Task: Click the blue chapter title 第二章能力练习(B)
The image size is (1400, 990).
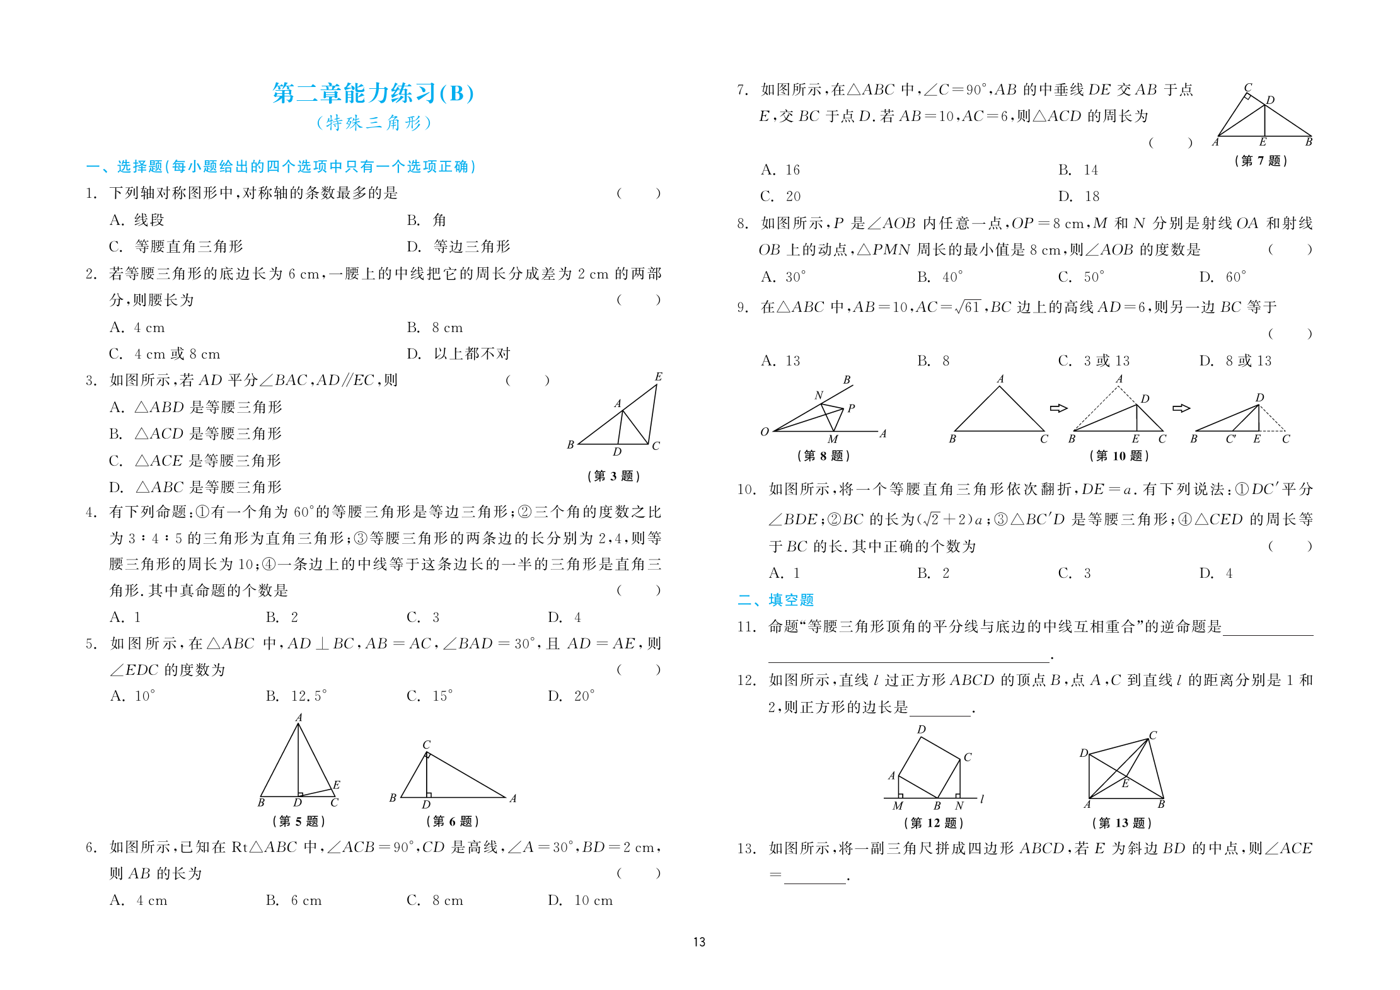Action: coord(373,93)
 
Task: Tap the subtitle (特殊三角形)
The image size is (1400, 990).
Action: coord(373,122)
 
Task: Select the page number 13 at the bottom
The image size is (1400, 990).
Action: coord(699,941)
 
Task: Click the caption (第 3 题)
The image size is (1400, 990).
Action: coord(613,476)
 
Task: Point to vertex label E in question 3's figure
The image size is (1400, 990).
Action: coord(658,377)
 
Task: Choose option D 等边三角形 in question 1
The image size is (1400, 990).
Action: coord(459,246)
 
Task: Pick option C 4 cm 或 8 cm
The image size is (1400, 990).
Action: coord(165,354)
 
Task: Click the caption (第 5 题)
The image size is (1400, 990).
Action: coord(299,821)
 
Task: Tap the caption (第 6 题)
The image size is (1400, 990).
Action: coord(453,821)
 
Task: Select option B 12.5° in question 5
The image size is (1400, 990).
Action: coord(296,696)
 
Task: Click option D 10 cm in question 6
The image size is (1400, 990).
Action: coord(581,900)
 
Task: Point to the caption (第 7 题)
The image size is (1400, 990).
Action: coord(1261,161)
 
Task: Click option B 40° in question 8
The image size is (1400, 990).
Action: coord(940,277)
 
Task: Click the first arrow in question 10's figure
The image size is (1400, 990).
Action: coord(1058,408)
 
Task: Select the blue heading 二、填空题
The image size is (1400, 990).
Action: coord(776,600)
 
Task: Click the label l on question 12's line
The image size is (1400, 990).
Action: coord(982,799)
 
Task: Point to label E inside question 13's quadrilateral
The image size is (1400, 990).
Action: coord(1125,783)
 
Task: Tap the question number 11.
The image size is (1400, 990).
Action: coord(746,626)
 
